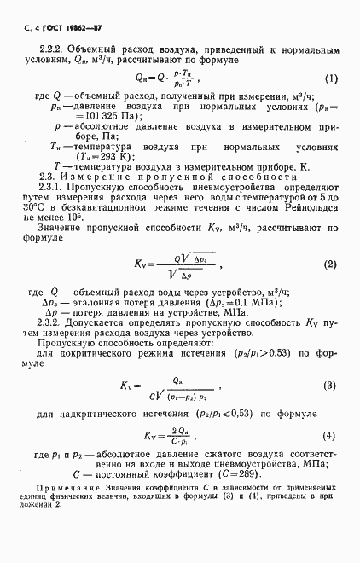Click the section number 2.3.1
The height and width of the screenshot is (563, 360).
click(x=52, y=210)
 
